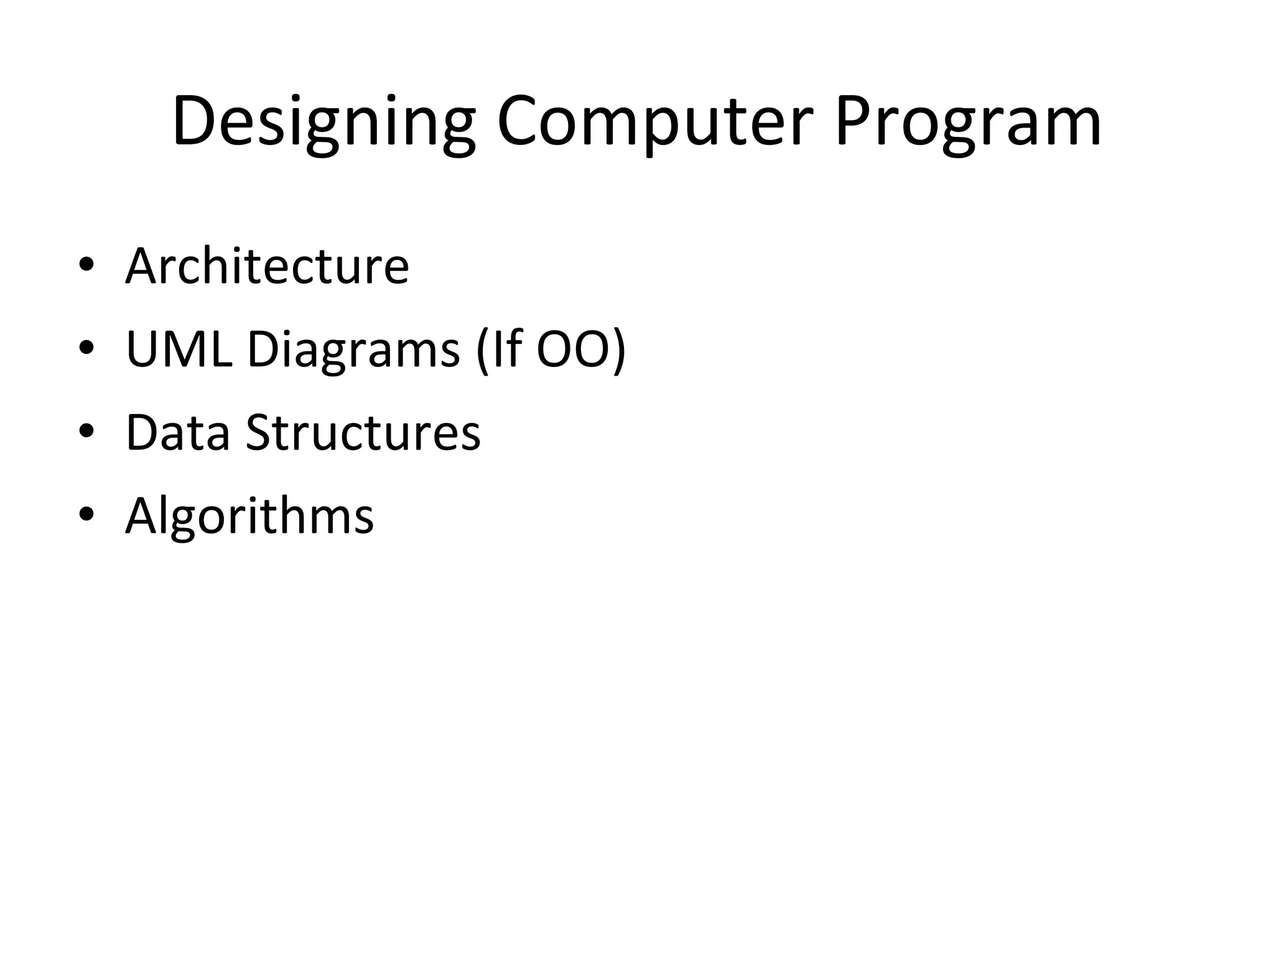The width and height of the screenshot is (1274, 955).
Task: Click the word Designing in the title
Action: point(323,122)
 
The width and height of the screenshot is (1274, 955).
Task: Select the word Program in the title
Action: point(968,122)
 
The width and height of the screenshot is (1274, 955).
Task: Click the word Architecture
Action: point(267,266)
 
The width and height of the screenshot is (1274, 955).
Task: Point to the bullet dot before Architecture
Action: point(86,265)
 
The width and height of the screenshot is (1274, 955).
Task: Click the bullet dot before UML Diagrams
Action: point(86,349)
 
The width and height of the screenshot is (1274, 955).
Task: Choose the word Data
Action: point(178,432)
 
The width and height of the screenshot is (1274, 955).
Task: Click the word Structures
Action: point(363,432)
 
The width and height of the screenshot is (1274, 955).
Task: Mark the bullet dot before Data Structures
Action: point(86,432)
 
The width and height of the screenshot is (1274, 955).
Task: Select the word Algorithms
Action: point(249,516)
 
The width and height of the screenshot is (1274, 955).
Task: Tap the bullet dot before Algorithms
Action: point(86,515)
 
